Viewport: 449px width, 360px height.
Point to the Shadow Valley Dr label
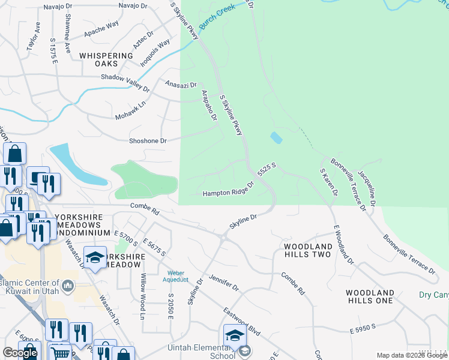pyautogui.click(x=125, y=81)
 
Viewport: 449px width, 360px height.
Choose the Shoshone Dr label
pyautogui.click(x=147, y=140)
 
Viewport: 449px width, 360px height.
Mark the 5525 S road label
pyautogui.click(x=267, y=169)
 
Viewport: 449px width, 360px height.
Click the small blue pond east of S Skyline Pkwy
pyautogui.click(x=276, y=137)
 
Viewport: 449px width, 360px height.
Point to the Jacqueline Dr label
pyautogui.click(x=367, y=188)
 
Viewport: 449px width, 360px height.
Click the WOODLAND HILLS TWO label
pyautogui.click(x=307, y=251)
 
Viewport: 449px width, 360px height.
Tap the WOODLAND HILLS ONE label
pyautogui.click(x=370, y=297)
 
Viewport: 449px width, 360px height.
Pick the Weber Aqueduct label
pyautogui.click(x=175, y=276)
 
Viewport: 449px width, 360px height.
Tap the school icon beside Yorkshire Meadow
pyautogui.click(x=95, y=257)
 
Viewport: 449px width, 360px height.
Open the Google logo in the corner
pyautogui.click(x=20, y=353)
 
